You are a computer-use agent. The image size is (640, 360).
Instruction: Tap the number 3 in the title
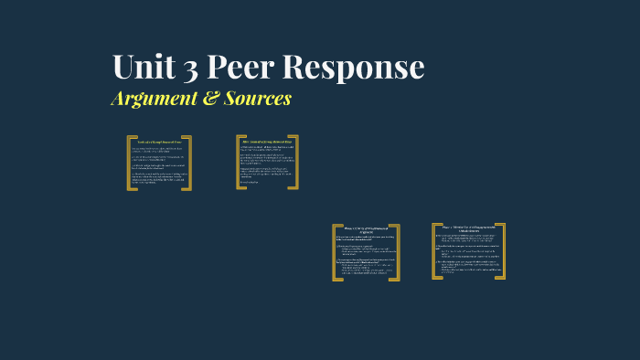tap(193, 68)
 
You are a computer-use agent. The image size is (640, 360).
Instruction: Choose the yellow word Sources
tap(258, 98)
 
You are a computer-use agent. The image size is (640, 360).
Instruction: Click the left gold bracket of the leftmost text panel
tap(130, 163)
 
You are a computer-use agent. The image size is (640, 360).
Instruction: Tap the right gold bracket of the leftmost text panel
tap(189, 163)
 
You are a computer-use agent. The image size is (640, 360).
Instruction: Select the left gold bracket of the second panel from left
tap(239, 163)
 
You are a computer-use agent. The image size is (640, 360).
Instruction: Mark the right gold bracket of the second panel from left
tap(294, 163)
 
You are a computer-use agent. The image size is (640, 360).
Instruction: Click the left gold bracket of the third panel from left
tap(336, 252)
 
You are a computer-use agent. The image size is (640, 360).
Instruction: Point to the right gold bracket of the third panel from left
tap(397, 252)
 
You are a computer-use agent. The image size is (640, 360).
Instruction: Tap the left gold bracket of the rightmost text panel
tap(435, 250)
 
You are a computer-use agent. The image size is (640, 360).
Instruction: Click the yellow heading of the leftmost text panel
tap(160, 142)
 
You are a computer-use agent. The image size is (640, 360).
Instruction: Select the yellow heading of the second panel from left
tap(267, 141)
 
